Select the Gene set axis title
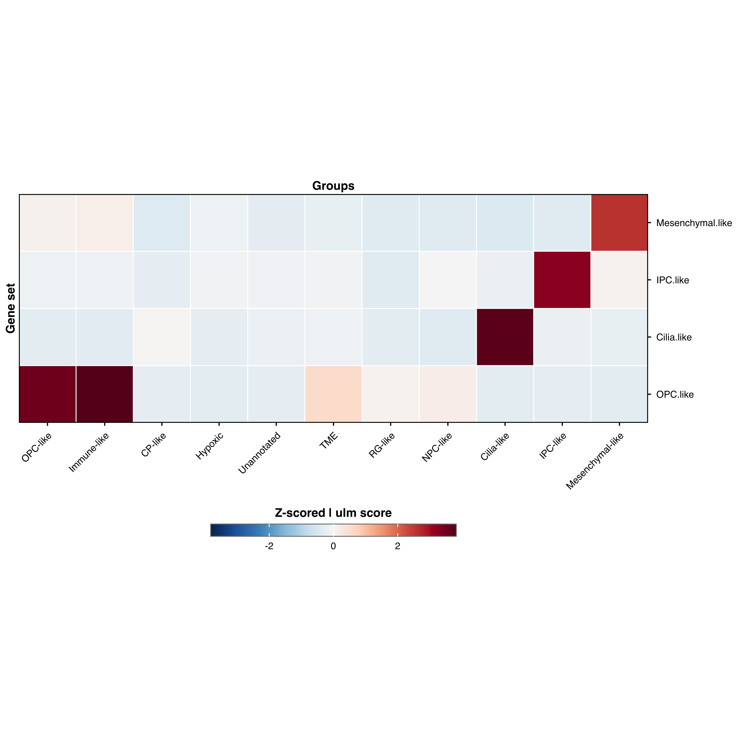point(11,308)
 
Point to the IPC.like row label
point(673,280)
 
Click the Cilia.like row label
point(674,337)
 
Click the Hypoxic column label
point(209,446)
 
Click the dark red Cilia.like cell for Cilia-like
point(505,337)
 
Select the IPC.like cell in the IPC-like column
point(562,280)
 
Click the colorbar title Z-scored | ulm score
point(333,513)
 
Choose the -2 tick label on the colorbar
point(269,546)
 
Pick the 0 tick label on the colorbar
point(333,546)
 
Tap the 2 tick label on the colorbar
point(397,546)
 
